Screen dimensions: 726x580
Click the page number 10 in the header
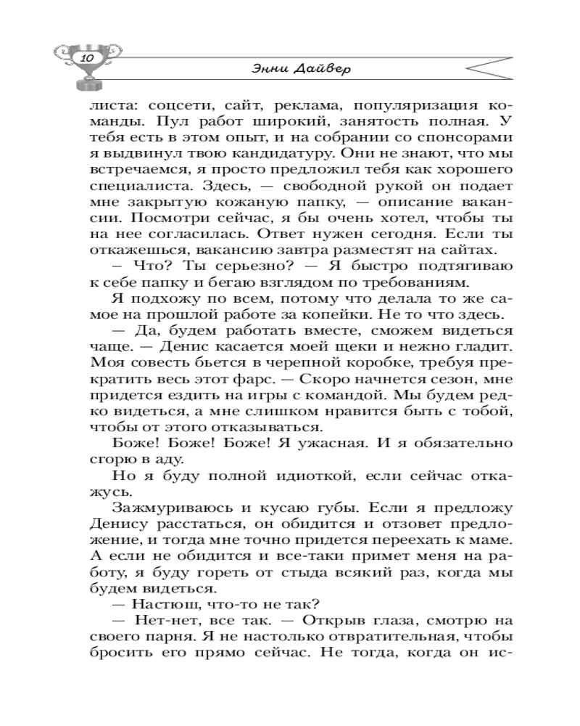tap(86, 57)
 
